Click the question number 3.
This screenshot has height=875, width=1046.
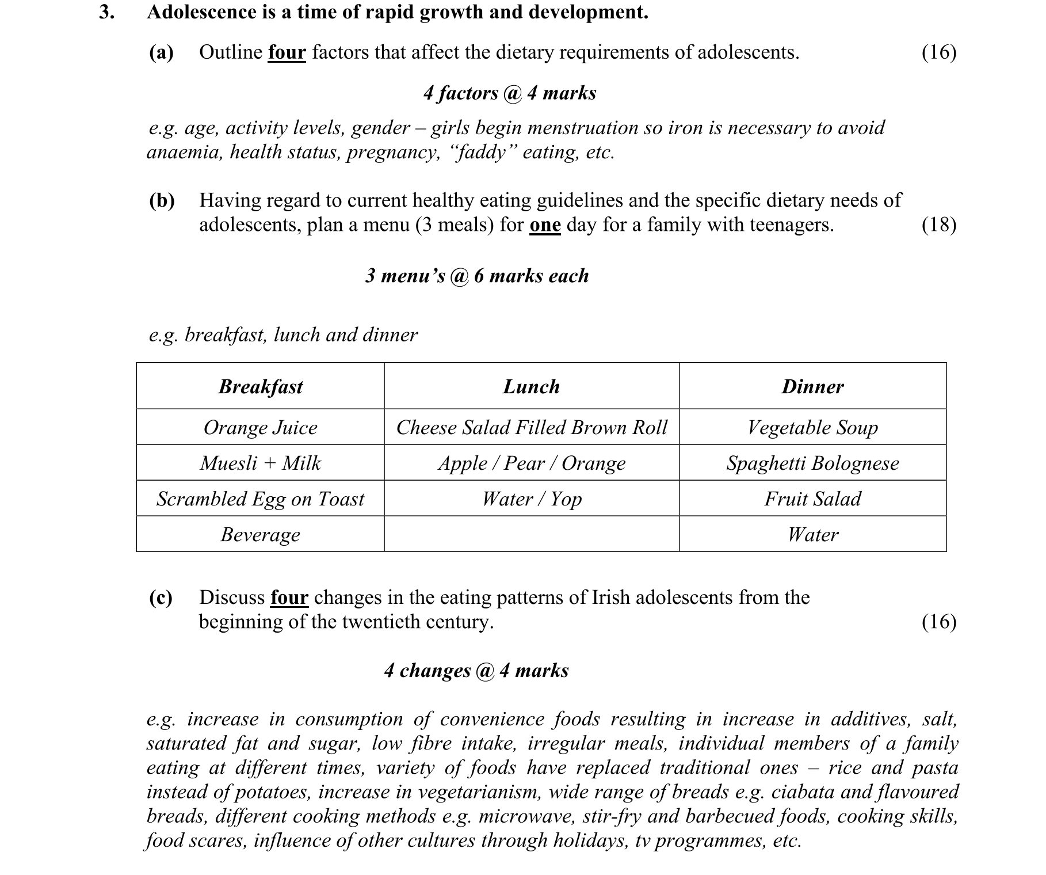106,12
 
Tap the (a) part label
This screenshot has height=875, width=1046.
161,52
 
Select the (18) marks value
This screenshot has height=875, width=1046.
938,225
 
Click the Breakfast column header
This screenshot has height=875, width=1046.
261,386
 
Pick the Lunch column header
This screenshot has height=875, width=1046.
531,386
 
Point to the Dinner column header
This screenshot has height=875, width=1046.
812,386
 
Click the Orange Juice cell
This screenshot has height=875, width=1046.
261,427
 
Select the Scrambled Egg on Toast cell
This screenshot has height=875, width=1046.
261,499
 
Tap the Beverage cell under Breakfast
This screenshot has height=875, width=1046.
261,534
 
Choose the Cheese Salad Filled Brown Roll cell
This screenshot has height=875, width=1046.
531,427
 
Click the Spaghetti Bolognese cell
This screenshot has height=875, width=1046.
812,463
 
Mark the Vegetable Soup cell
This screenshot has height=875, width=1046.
812,427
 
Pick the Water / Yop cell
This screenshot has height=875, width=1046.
531,499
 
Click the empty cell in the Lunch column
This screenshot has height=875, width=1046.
531,534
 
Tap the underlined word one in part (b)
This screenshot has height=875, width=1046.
545,225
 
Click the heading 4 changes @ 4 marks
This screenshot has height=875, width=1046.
476,671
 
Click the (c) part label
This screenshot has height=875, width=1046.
161,598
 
